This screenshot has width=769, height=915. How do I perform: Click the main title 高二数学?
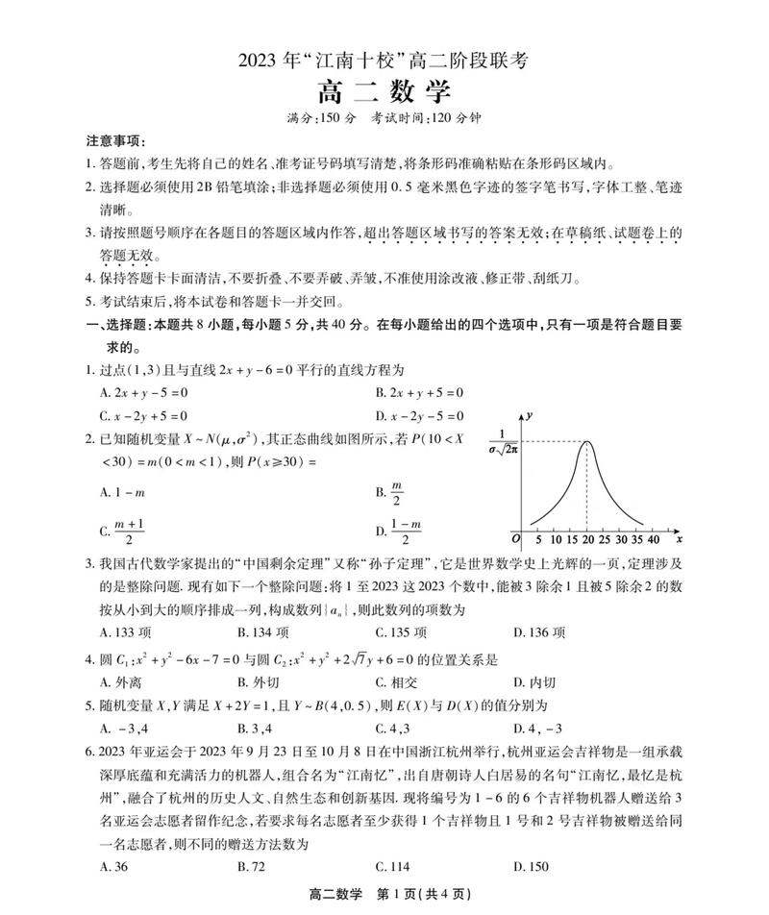pyautogui.click(x=384, y=93)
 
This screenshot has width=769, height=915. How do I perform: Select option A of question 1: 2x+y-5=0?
pyautogui.click(x=143, y=392)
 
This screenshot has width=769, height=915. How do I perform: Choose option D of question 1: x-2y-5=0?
pyautogui.click(x=419, y=416)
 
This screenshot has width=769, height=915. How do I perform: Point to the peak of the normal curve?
pyautogui.click(x=587, y=441)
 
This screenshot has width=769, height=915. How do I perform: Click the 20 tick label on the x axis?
pyautogui.click(x=587, y=540)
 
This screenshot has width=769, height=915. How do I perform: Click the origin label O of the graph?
pyautogui.click(x=515, y=541)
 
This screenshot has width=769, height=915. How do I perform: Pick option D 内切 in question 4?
pyautogui.click(x=536, y=682)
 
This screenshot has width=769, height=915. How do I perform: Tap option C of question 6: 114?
pyautogui.click(x=393, y=866)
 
